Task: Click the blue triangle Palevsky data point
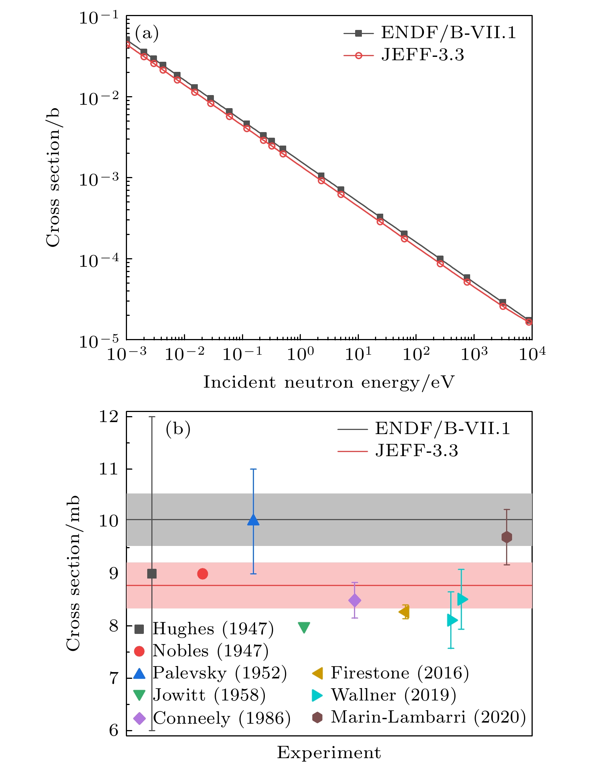coord(253,520)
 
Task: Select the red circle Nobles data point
coord(202,574)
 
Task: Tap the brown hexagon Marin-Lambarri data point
coord(506,537)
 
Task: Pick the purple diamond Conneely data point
coord(354,600)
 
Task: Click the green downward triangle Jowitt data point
coord(304,628)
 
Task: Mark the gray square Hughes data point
coord(152,574)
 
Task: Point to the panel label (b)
coord(178,429)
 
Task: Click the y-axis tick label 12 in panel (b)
coord(109,416)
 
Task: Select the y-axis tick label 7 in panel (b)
coord(114,678)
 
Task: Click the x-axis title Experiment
coord(329,752)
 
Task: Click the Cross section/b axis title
coord(53,177)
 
